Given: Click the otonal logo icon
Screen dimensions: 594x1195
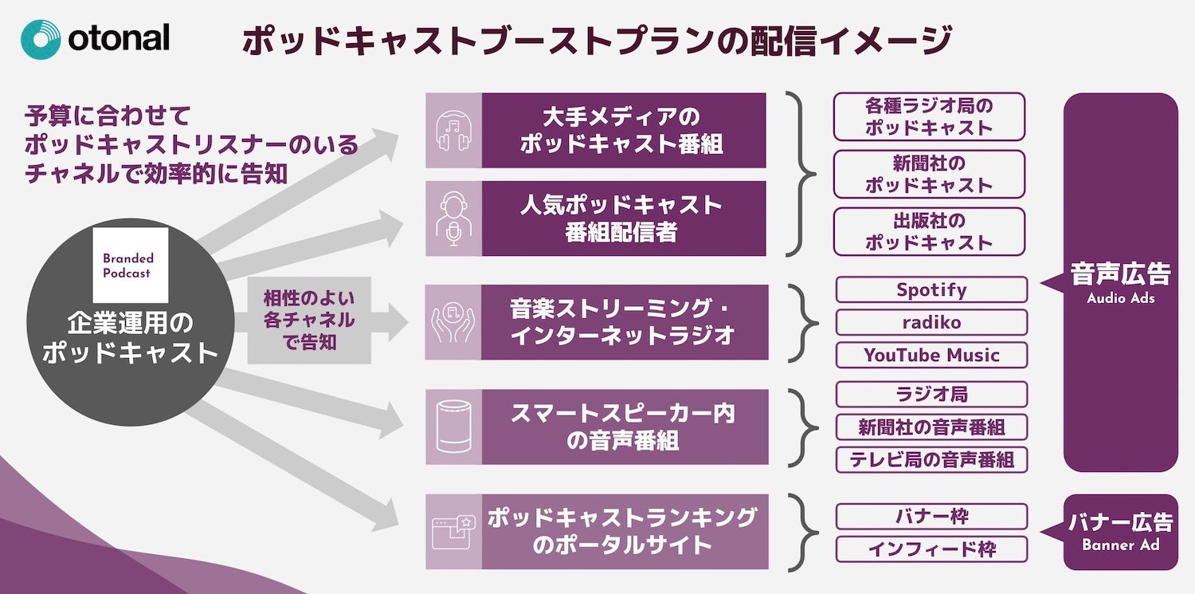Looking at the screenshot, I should click(x=41, y=39).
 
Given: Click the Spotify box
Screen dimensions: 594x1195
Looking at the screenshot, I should click(x=931, y=290).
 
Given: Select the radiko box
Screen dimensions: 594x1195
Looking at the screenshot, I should click(x=931, y=323).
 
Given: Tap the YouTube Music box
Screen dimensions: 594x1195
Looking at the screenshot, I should click(x=931, y=356).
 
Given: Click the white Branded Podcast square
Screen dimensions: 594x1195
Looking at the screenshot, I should click(x=131, y=265).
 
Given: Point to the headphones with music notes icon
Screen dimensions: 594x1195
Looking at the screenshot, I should click(x=453, y=131).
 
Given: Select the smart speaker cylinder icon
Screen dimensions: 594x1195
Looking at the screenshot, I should click(x=453, y=427).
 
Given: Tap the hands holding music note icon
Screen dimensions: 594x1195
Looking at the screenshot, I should click(x=453, y=322).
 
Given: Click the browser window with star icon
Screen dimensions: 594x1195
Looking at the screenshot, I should click(x=453, y=532).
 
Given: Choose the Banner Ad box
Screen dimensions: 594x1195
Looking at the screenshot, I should click(x=1120, y=532).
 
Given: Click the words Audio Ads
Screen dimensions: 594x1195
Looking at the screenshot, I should click(x=1120, y=298).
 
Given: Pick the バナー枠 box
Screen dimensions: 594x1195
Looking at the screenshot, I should click(x=931, y=517).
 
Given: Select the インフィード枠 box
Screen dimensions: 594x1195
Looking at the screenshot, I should click(x=931, y=549).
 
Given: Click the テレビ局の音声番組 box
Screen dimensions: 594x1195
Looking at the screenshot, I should click(x=931, y=460).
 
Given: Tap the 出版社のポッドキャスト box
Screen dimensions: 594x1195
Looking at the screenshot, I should click(x=929, y=231).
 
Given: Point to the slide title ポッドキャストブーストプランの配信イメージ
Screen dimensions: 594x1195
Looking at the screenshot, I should click(x=597, y=40).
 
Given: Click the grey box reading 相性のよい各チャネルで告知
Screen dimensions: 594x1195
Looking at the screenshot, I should click(x=309, y=321).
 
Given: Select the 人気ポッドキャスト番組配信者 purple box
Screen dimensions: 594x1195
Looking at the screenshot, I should click(x=623, y=218).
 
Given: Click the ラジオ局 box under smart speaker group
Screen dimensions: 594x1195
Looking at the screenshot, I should click(x=931, y=395).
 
